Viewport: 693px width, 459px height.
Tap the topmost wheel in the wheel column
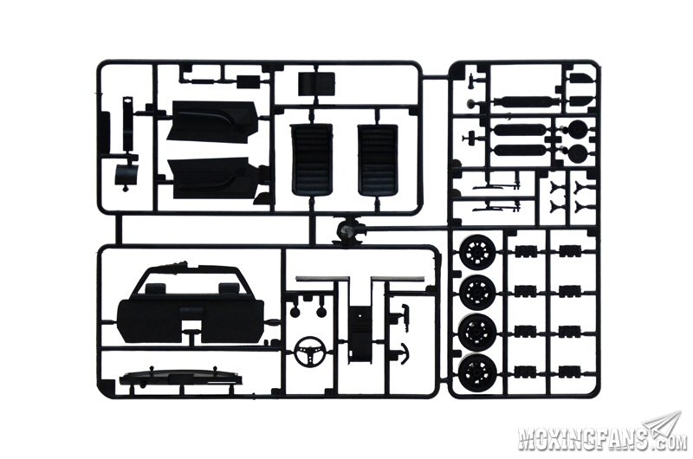click(478, 252)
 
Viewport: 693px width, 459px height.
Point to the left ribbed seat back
click(312, 159)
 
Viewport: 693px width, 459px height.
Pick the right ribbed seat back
click(378, 159)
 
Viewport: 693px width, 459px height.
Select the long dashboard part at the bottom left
click(181, 378)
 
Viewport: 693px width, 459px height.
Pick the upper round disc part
click(577, 129)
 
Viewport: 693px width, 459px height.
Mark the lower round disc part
click(577, 152)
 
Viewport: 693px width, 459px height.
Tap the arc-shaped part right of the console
click(404, 352)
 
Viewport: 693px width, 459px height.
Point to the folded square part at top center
click(316, 84)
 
